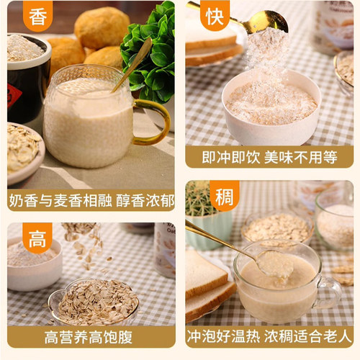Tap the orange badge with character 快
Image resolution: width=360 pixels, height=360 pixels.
[x=215, y=15]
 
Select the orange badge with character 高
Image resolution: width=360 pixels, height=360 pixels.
[x=37, y=237]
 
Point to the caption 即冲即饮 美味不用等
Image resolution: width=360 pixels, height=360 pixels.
[x=268, y=156]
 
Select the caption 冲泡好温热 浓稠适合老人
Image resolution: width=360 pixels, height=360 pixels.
[x=268, y=336]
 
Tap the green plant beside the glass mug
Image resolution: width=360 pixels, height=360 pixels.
[x=150, y=54]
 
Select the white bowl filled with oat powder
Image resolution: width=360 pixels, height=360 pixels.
[x=270, y=108]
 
